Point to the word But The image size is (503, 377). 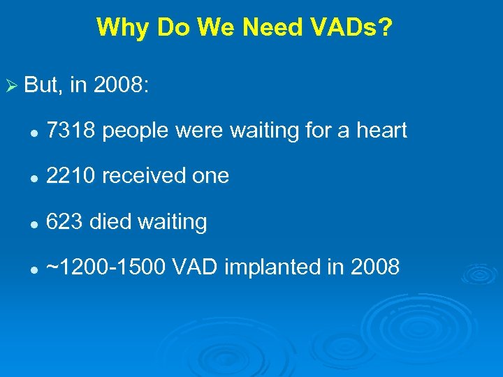41,84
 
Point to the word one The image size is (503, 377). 210,176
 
